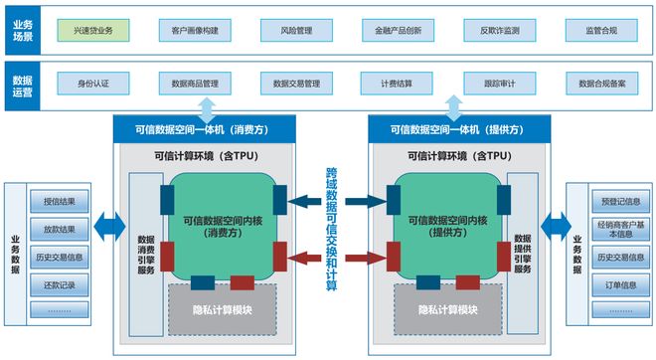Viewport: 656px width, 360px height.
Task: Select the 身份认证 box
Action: tap(93, 83)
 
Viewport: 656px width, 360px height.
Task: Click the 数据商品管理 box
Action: tap(195, 83)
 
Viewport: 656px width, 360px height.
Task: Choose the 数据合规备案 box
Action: tap(600, 83)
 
